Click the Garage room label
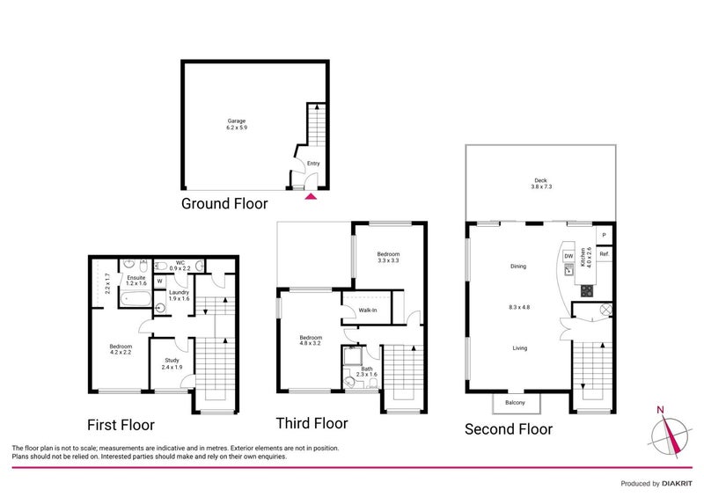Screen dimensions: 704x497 pyautogui.click(x=237, y=124)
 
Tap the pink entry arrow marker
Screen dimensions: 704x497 pyautogui.click(x=311, y=196)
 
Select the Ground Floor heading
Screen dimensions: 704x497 pyautogui.click(x=224, y=204)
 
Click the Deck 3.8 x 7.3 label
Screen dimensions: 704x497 pyautogui.click(x=540, y=183)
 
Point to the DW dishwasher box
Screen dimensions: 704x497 pyautogui.click(x=568, y=256)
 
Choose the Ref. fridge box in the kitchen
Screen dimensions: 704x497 pyautogui.click(x=605, y=254)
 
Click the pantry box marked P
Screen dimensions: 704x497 pyautogui.click(x=604, y=235)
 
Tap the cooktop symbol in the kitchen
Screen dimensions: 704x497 pyautogui.click(x=587, y=290)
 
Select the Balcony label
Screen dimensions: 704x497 pyautogui.click(x=515, y=403)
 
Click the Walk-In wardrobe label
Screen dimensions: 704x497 pyautogui.click(x=368, y=311)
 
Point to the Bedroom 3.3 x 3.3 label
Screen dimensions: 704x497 pyautogui.click(x=388, y=257)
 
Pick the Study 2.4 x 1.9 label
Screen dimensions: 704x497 pyautogui.click(x=172, y=363)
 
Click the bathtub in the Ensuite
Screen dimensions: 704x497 pyautogui.click(x=136, y=298)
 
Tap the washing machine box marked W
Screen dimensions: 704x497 pyautogui.click(x=160, y=281)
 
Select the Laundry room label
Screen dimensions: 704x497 pyautogui.click(x=180, y=296)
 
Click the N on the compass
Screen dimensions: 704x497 pyautogui.click(x=660, y=410)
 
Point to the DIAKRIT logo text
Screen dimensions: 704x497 pyautogui.click(x=677, y=484)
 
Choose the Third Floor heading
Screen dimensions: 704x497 pyautogui.click(x=312, y=423)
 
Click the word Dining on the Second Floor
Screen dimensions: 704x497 pyautogui.click(x=518, y=267)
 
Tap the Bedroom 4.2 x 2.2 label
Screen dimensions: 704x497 pyautogui.click(x=121, y=349)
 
